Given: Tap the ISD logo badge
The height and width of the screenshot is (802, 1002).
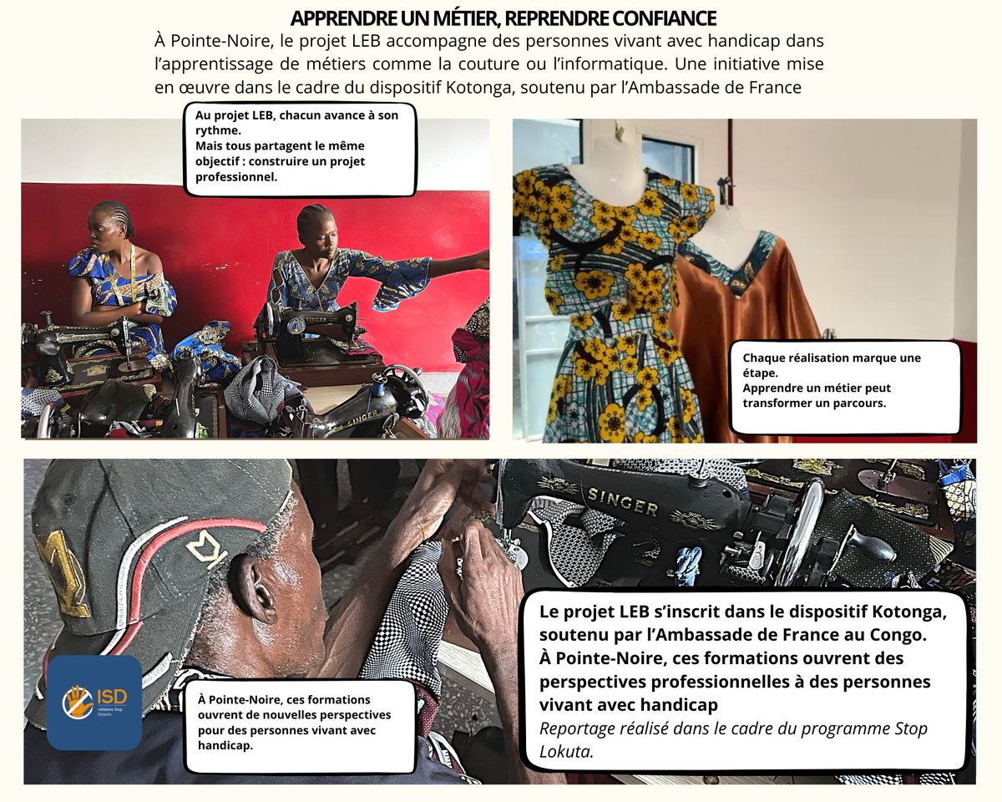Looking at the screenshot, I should [x=94, y=702].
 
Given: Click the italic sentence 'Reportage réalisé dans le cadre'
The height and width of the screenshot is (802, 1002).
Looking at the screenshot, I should [x=733, y=739].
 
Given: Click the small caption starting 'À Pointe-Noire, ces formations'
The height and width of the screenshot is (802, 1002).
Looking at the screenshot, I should [x=300, y=722].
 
